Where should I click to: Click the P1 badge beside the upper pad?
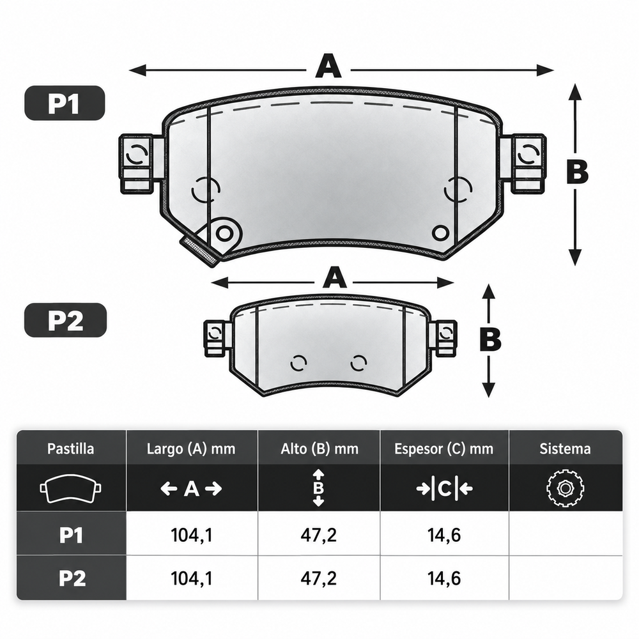65,103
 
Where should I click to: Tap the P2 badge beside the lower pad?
66,320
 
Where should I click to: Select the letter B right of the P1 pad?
578,171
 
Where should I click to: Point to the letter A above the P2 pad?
335,277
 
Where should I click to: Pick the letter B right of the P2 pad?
490,339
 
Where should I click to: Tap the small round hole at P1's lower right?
440,233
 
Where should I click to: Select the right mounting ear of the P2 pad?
445,337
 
